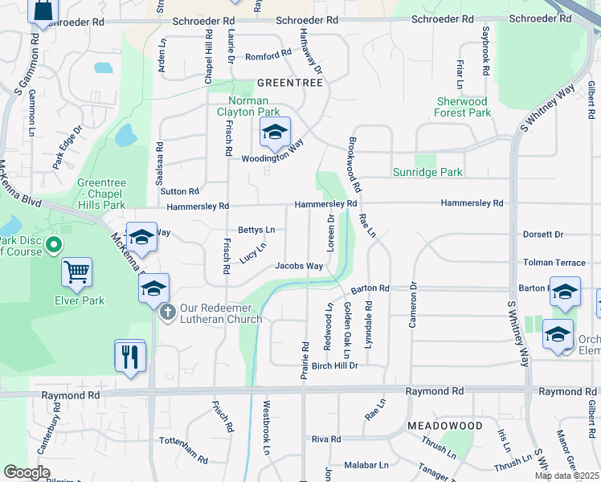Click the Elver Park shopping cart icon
pyautogui.click(x=76, y=272)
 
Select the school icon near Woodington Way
pyautogui.click(x=275, y=133)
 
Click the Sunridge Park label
pyautogui.click(x=427, y=172)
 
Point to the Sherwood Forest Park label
pyautogui.click(x=463, y=108)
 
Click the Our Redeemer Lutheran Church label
pyautogui.click(x=221, y=313)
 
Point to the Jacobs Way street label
pyautogui.click(x=299, y=266)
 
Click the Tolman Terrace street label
pyautogui.click(x=554, y=263)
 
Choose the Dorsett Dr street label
pyautogui.click(x=543, y=235)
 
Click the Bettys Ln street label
pyautogui.click(x=256, y=230)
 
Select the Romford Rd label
pyautogui.click(x=268, y=55)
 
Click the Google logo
pyautogui.click(x=27, y=472)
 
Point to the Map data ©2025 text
pyautogui.click(x=566, y=476)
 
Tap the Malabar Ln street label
pyautogui.click(x=366, y=464)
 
